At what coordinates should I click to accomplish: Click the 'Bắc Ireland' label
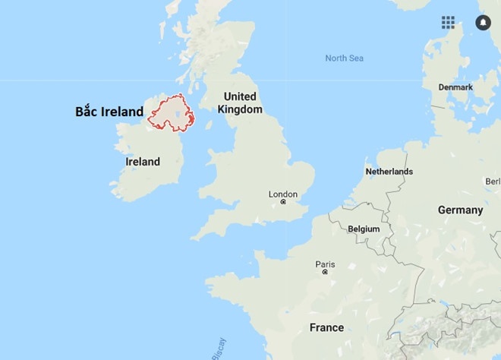point(109,112)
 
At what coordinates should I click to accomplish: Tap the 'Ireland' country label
point(143,162)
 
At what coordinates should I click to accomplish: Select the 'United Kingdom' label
point(240,103)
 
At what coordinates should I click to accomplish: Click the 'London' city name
point(283,194)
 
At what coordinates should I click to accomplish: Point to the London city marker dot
point(283,202)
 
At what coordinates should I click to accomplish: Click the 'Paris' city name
point(325,264)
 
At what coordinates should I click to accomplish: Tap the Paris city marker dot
point(325,272)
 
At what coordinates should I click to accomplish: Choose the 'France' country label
point(326,327)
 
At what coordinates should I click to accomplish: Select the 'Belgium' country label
point(364,229)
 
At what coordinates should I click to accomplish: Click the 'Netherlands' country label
point(389,172)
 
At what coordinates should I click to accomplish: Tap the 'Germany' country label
point(460,210)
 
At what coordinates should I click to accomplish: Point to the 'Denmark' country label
point(455,87)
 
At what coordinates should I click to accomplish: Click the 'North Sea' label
point(344,58)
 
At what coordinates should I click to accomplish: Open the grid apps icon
point(449,22)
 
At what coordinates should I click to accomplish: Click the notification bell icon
point(483,22)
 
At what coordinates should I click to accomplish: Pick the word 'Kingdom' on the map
point(240,109)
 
